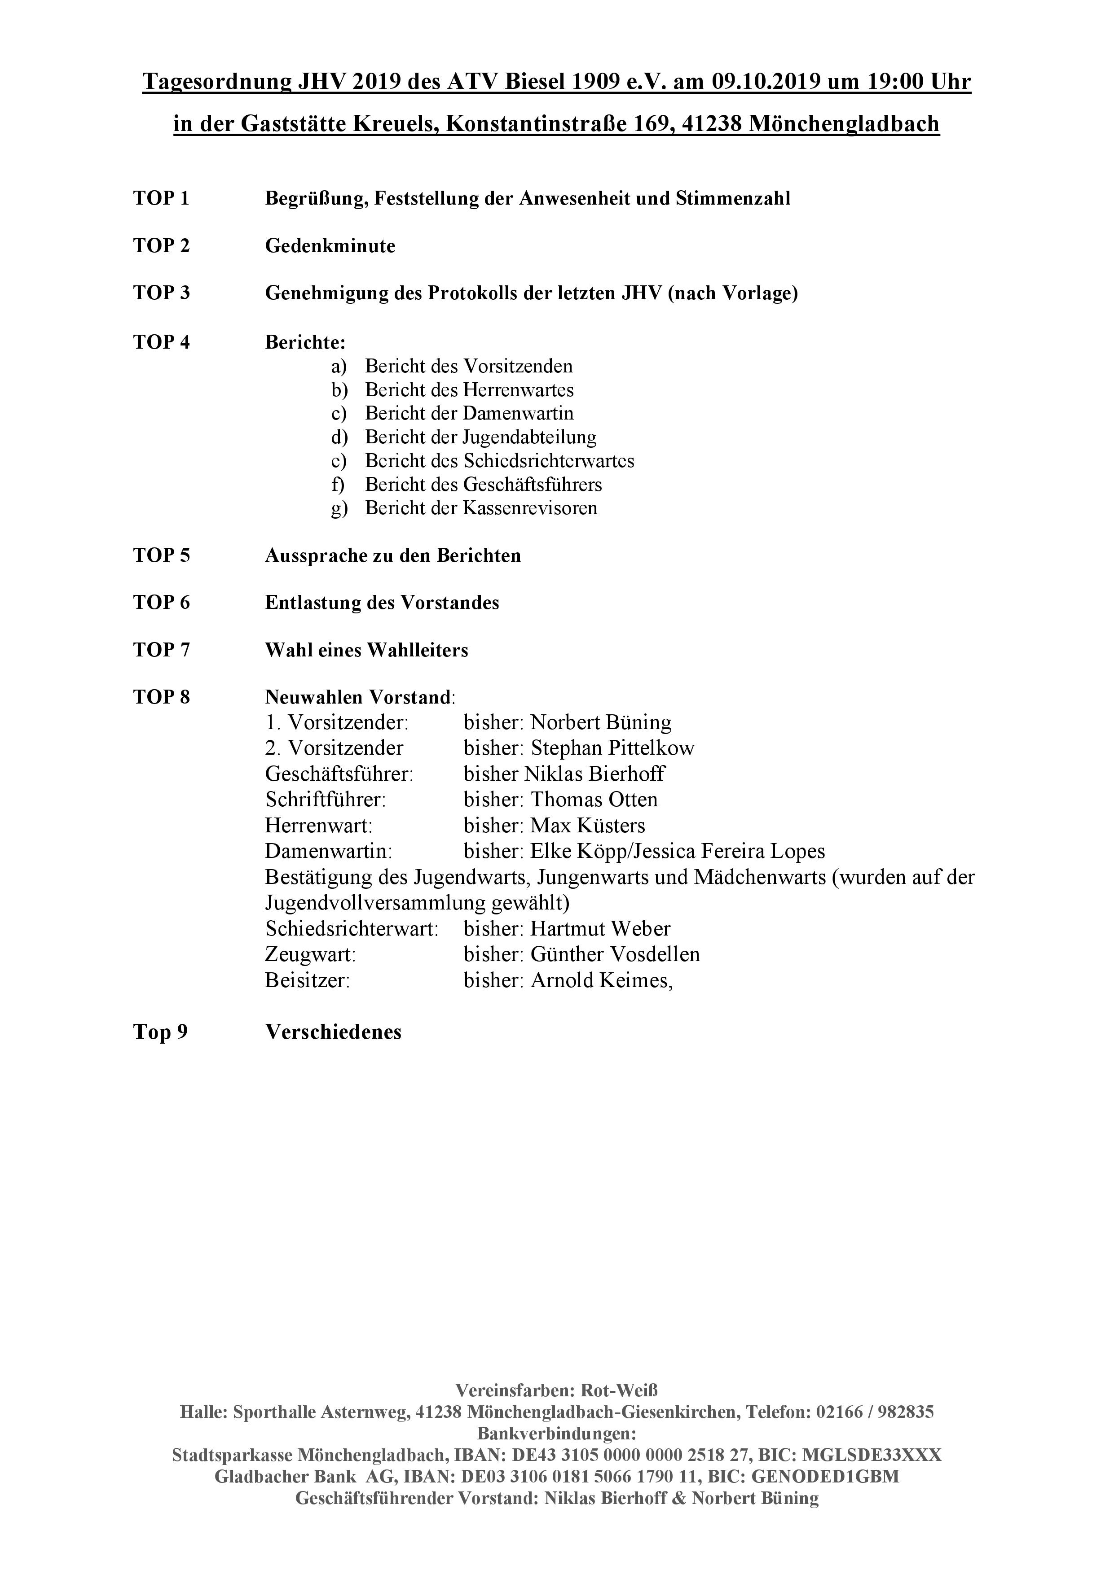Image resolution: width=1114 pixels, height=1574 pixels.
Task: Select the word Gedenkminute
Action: click(330, 246)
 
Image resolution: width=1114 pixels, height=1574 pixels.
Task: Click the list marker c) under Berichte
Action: click(339, 413)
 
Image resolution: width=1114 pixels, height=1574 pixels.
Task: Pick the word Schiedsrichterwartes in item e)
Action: click(548, 461)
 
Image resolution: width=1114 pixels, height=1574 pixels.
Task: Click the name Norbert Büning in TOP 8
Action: click(601, 722)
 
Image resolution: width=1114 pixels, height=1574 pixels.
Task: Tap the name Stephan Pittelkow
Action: click(612, 748)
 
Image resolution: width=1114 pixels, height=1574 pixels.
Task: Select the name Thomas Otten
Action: click(594, 800)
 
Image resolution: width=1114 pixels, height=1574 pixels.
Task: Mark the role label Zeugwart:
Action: click(310, 954)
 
